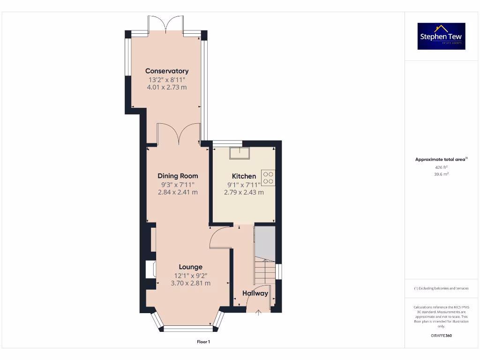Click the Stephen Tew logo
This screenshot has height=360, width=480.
click(441, 36)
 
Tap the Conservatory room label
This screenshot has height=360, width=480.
click(167, 71)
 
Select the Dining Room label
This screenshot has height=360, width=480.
click(178, 176)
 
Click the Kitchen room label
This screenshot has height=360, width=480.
click(244, 176)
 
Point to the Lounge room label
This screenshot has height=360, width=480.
click(190, 267)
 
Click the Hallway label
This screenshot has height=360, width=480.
click(255, 293)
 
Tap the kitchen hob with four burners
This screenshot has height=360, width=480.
click(268, 177)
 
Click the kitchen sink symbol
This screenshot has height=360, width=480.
click(239, 153)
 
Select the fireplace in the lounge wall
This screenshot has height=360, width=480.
click(150, 270)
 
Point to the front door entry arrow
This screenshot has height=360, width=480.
click(258, 313)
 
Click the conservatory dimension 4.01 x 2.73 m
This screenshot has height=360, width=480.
click(167, 87)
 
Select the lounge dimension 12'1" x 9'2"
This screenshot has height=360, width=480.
click(190, 276)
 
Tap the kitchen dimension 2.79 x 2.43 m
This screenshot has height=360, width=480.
click(244, 192)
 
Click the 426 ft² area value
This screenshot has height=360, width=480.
click(441, 167)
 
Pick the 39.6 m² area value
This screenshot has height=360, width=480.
click(441, 174)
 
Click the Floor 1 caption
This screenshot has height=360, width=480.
click(203, 342)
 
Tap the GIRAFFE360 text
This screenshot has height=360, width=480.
click(441, 336)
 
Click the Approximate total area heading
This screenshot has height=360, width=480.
click(441, 160)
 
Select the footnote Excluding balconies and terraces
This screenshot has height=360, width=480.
click(441, 288)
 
